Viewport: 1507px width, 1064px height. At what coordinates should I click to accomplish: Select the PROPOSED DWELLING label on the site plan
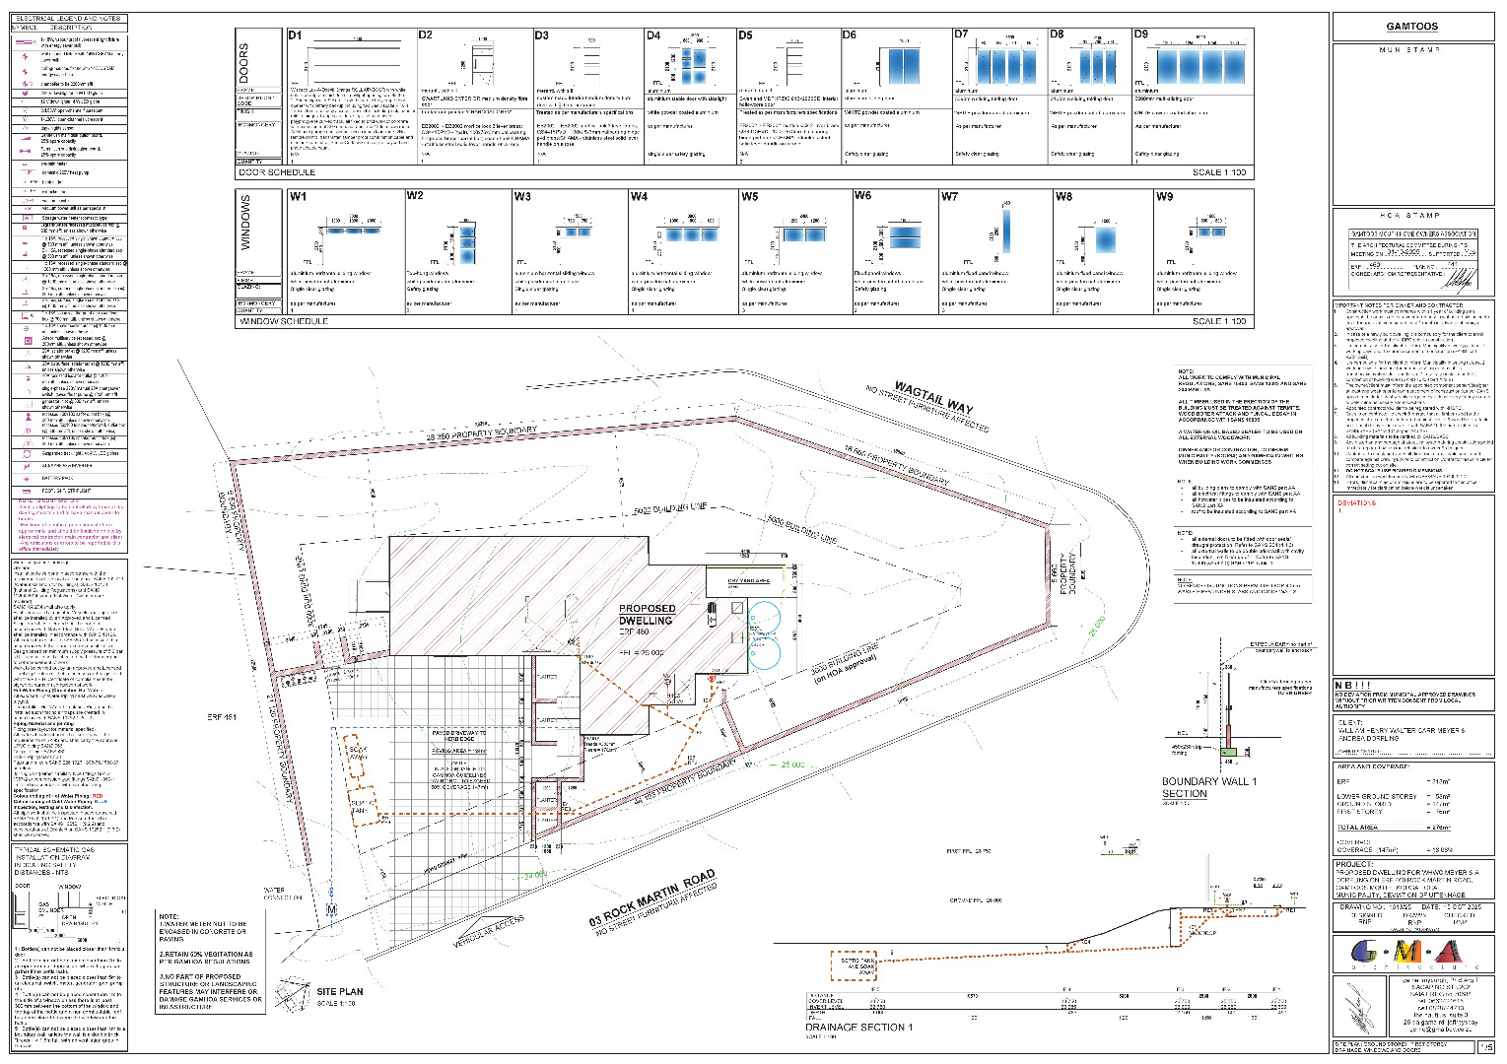click(647, 615)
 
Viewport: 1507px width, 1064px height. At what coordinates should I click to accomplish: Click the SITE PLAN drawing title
click(339, 991)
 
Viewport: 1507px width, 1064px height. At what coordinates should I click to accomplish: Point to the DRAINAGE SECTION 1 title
click(858, 1027)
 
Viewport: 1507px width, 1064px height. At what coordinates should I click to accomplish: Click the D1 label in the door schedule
click(295, 35)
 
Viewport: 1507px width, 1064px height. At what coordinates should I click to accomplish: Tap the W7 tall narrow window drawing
click(1006, 231)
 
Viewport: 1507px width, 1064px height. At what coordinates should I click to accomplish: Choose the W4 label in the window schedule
click(639, 197)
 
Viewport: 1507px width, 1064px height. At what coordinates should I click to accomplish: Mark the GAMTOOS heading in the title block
click(1411, 27)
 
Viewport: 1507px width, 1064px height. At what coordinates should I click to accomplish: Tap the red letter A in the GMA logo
click(1447, 953)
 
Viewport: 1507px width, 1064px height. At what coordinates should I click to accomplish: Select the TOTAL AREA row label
click(1357, 828)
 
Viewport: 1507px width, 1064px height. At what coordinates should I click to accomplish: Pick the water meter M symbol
click(331, 909)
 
